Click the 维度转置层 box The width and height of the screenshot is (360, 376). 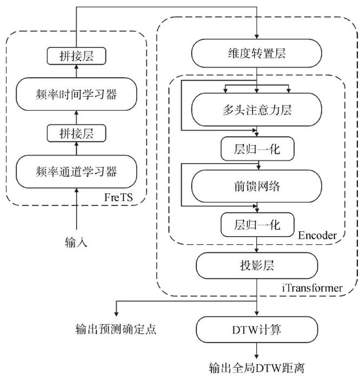point(257,55)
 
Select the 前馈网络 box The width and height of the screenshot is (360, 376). point(257,186)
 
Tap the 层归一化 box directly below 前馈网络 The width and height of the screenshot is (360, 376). point(257,224)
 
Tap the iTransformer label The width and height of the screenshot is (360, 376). point(312,288)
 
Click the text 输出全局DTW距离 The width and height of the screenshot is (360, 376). point(257,368)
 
